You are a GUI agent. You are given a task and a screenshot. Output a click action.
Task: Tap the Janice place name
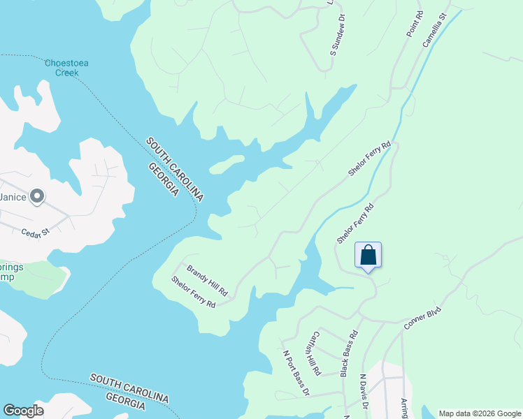point(13,197)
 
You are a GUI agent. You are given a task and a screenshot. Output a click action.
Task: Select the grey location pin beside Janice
point(37,198)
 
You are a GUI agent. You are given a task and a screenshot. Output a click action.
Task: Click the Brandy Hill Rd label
point(206,279)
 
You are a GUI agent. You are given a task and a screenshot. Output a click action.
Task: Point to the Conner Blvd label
point(424,318)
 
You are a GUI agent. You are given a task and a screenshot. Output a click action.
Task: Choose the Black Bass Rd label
point(349,353)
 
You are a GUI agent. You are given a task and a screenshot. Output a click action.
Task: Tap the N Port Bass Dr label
point(295,372)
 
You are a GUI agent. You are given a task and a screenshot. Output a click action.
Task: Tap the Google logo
point(23,411)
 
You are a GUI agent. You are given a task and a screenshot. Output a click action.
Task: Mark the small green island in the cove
point(227,163)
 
